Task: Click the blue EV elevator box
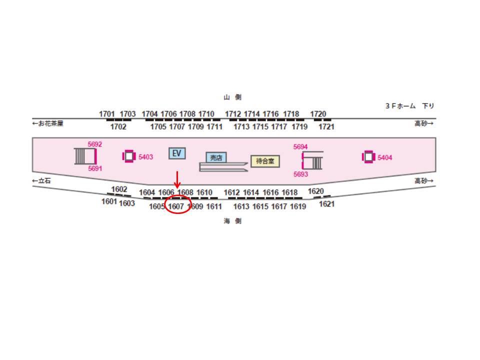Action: (177, 153)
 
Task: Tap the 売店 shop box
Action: (216, 157)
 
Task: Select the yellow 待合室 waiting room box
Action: (265, 161)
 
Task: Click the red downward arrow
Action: (177, 180)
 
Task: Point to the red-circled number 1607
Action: (176, 206)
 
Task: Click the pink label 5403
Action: (145, 157)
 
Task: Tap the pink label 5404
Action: (385, 157)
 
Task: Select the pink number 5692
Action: (95, 144)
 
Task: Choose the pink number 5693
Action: (300, 174)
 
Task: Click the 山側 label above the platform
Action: (232, 97)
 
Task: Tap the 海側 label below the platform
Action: (232, 221)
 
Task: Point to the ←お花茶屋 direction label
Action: (48, 123)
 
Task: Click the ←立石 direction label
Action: (41, 180)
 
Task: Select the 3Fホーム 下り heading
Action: (410, 106)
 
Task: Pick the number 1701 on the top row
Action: (107, 114)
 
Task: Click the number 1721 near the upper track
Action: (326, 126)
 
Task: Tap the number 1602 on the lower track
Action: (119, 189)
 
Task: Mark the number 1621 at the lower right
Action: (326, 204)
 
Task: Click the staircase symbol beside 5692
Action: (85, 156)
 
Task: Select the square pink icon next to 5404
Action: (368, 157)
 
